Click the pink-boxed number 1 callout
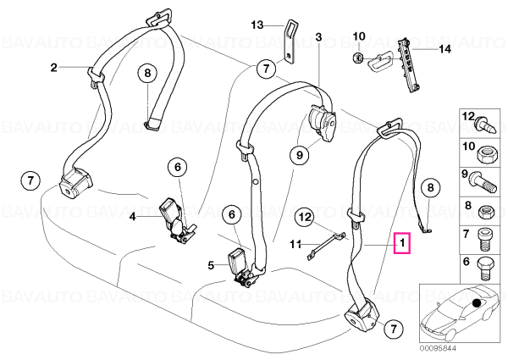coord(402,243)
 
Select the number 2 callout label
coord(54,68)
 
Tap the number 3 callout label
coord(318,37)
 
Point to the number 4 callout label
coord(133,216)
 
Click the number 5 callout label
coord(211,266)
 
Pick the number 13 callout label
coord(257,25)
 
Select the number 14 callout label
coord(444,49)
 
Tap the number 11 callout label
coord(295,244)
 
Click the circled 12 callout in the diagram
coord(304,217)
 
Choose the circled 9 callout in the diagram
coord(300,155)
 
